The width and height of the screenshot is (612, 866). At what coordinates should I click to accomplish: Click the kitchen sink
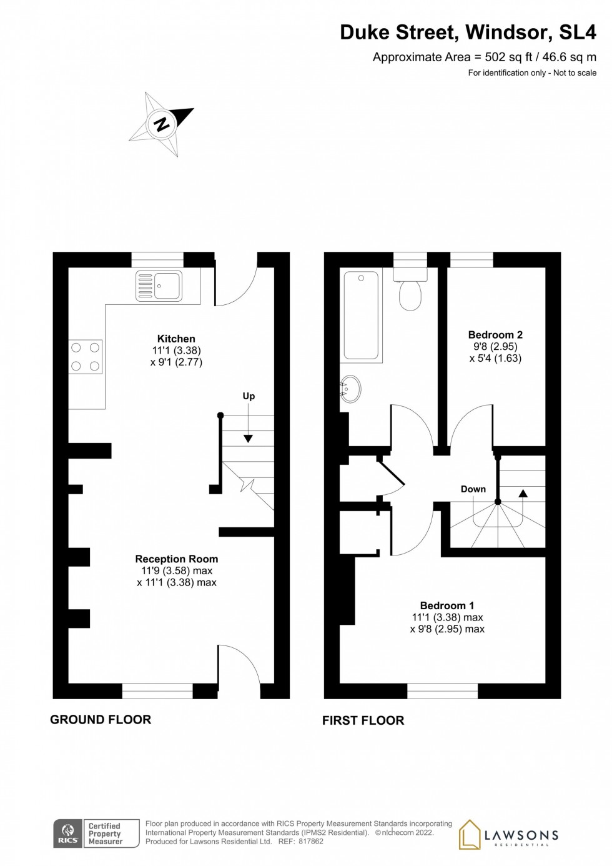(159, 286)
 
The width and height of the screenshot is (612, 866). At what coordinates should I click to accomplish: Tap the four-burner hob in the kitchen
(86, 356)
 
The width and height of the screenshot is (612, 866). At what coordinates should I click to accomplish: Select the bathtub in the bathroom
(361, 315)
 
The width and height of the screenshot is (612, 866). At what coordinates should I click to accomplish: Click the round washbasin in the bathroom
(350, 389)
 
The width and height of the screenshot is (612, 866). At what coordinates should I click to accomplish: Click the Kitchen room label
(176, 339)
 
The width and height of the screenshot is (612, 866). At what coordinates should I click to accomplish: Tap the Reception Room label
(177, 559)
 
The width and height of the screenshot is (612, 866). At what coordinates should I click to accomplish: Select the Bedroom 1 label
(447, 605)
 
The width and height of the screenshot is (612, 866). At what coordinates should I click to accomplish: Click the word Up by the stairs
(249, 396)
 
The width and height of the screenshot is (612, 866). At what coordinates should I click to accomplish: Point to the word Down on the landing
(473, 489)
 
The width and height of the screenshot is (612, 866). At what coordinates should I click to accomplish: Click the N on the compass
(162, 124)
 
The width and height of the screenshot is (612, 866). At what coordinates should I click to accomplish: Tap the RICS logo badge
(67, 834)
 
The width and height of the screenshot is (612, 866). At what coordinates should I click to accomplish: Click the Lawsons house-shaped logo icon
(470, 835)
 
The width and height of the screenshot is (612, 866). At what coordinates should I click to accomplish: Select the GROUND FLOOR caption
(101, 720)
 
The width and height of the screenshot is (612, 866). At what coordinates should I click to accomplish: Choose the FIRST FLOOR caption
(363, 720)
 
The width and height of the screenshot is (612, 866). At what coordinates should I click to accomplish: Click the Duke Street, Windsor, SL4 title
(468, 32)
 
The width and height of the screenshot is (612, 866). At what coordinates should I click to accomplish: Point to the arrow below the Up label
(249, 438)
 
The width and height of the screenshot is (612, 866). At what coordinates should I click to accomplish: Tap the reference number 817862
(310, 842)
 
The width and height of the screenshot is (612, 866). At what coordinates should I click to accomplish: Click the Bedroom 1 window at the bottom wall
(442, 690)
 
